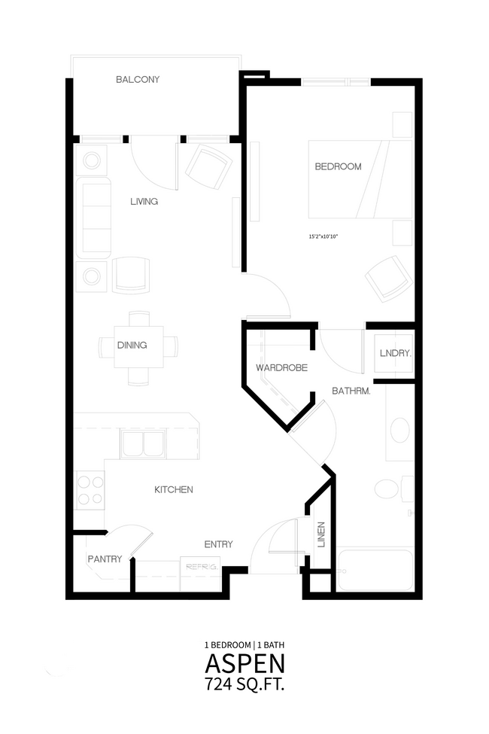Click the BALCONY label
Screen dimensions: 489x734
coord(138,80)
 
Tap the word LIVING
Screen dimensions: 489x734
coord(144,202)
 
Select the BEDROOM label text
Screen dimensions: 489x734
coord(338,166)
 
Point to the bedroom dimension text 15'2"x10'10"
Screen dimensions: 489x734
coord(323,237)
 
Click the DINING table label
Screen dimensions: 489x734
coord(132,346)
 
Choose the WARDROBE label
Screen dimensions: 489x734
coord(281,368)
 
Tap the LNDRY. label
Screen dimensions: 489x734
coord(396,353)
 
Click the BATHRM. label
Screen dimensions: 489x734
coord(351,391)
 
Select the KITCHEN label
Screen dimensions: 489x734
coord(174,489)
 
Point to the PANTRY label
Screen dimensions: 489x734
coord(105,559)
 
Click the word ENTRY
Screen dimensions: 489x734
coord(218,544)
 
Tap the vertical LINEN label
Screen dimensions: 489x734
coord(321,535)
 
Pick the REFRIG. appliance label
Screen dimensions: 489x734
coord(201,567)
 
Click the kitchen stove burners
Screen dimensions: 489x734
coord(90,490)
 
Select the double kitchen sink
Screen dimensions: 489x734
coord(143,443)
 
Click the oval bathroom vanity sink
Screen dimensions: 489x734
coord(400,431)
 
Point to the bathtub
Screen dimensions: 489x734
coord(375,570)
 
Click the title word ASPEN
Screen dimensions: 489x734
coord(244,664)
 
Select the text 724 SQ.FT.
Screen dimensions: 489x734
coord(244,684)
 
